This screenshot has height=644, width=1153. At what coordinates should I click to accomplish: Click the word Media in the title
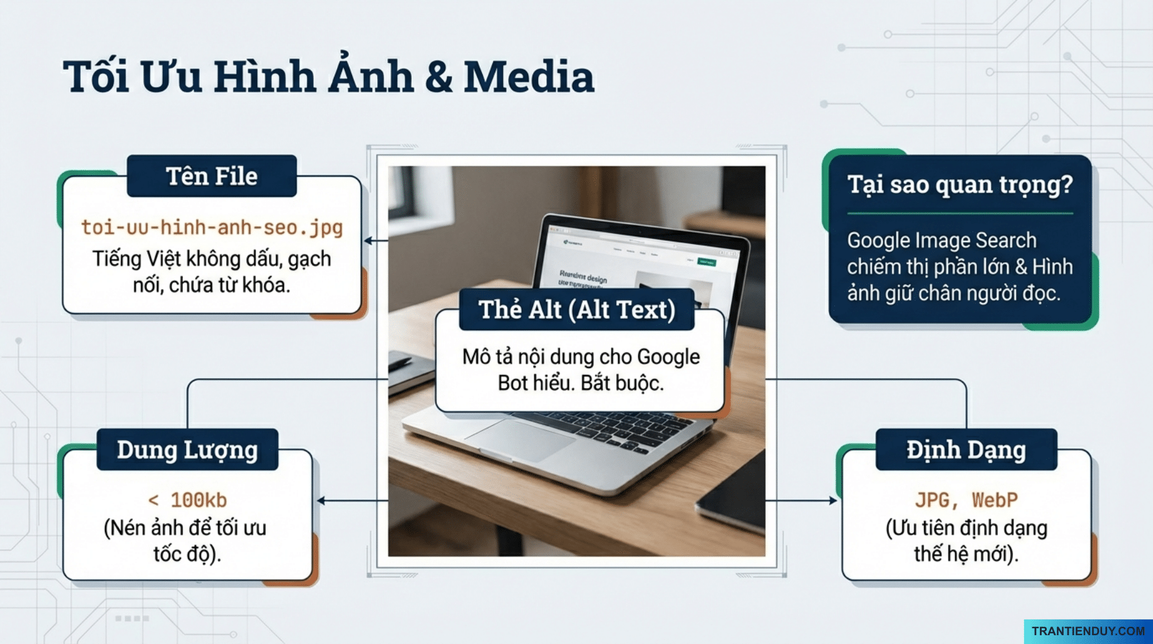click(528, 77)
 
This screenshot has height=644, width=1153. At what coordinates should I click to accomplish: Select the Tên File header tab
click(211, 176)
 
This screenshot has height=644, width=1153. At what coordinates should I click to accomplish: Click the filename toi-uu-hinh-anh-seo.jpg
click(212, 227)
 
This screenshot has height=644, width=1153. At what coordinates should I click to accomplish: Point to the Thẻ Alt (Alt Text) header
click(576, 309)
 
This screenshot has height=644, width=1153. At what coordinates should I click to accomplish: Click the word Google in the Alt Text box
click(668, 357)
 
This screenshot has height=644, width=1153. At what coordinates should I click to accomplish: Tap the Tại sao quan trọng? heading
click(959, 184)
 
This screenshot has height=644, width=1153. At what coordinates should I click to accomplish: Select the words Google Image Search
click(941, 240)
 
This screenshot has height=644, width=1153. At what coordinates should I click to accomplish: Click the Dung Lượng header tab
click(187, 450)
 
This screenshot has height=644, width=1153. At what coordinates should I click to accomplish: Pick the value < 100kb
click(187, 500)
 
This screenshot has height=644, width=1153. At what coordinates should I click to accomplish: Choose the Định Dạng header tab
click(966, 450)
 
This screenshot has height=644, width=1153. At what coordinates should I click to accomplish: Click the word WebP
click(995, 500)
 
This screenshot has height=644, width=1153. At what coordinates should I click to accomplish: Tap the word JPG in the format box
click(932, 500)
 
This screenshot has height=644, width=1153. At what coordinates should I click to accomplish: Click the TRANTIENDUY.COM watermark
click(1088, 631)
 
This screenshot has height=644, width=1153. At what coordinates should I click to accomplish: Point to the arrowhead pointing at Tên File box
click(368, 240)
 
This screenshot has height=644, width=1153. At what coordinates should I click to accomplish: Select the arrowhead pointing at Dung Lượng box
click(321, 501)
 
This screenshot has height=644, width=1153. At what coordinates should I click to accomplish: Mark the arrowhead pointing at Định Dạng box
click(833, 501)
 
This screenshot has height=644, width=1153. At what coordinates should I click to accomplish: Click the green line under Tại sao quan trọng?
click(959, 214)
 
